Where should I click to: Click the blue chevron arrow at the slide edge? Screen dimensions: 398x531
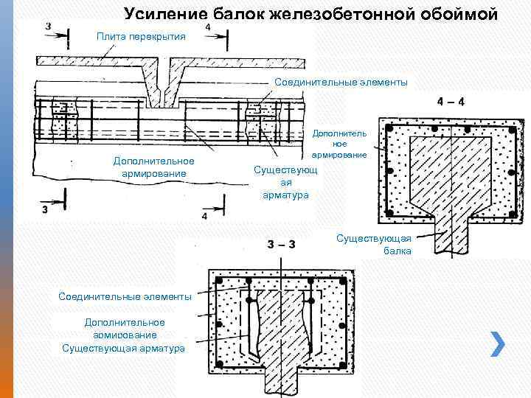[498, 342]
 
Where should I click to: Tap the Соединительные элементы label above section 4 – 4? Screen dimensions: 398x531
[340, 82]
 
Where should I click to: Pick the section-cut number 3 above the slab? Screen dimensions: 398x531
[48, 27]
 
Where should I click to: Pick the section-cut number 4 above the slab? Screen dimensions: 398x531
[207, 27]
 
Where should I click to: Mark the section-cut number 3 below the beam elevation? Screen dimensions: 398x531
[45, 209]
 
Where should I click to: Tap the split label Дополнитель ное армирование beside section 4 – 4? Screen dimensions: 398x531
[339, 144]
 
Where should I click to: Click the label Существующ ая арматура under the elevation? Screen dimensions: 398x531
[285, 182]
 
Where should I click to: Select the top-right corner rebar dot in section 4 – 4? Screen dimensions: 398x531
[508, 129]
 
